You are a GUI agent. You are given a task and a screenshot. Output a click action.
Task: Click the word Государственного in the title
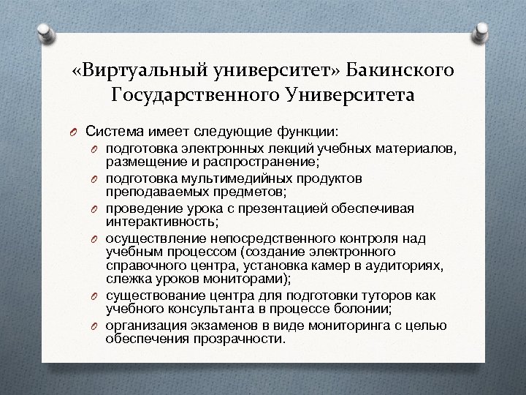coord(191,94)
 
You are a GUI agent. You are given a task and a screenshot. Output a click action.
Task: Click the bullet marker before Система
coord(74,132)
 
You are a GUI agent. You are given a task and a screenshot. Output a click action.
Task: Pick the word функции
coord(307,131)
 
